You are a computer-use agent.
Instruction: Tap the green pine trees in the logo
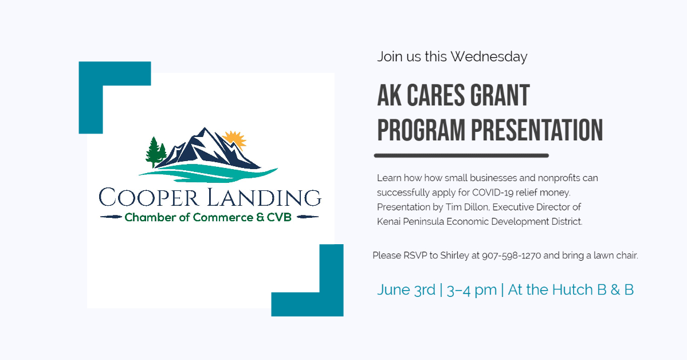click(x=156, y=152)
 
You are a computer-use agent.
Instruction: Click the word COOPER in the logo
click(x=148, y=197)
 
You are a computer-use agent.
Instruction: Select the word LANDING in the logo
click(x=264, y=197)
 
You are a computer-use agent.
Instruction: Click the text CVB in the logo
click(x=279, y=217)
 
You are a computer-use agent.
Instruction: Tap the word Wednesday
click(x=489, y=57)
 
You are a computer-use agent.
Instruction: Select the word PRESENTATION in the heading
click(x=537, y=130)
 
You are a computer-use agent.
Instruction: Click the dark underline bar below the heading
click(x=461, y=155)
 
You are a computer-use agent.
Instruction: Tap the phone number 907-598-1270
click(x=511, y=255)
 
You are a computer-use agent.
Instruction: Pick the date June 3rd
click(x=406, y=290)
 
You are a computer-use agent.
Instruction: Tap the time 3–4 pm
click(x=472, y=290)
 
